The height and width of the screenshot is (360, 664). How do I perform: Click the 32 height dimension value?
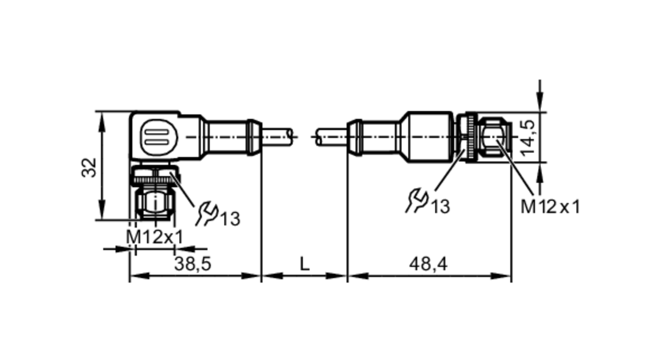point(89,168)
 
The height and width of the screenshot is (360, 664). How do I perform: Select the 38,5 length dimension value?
point(193,264)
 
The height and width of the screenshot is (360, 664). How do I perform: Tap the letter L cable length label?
point(304,264)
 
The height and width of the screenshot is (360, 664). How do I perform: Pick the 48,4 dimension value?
point(428,264)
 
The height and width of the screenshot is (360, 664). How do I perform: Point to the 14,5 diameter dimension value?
point(528,137)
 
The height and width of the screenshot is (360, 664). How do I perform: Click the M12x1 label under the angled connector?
point(155,237)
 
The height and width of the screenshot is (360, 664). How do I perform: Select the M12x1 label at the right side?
point(550,207)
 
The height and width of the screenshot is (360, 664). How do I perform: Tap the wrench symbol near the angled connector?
point(207,214)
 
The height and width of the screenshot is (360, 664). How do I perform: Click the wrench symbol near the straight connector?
point(417,201)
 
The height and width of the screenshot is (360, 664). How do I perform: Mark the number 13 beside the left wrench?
point(230,219)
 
